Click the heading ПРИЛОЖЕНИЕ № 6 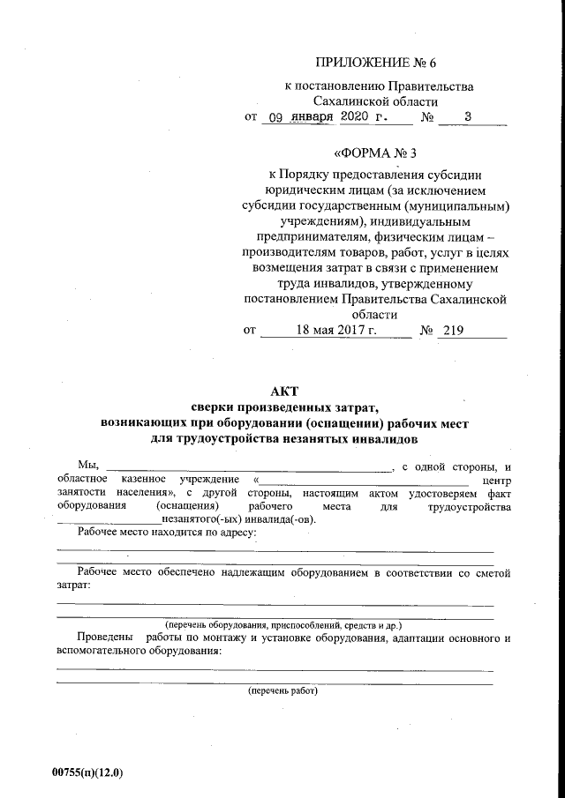[x=375, y=62]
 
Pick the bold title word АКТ [x=283, y=392]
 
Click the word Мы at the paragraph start [x=87, y=466]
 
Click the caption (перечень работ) [x=282, y=691]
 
